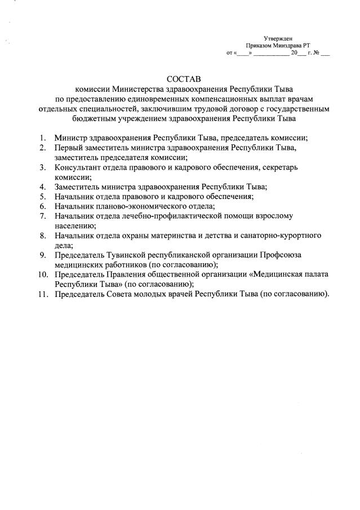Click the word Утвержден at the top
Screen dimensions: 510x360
point(278,38)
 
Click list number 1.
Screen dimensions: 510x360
point(42,138)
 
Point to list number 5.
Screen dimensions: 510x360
point(42,196)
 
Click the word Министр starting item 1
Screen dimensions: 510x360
point(71,138)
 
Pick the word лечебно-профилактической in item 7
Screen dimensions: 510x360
point(179,215)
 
